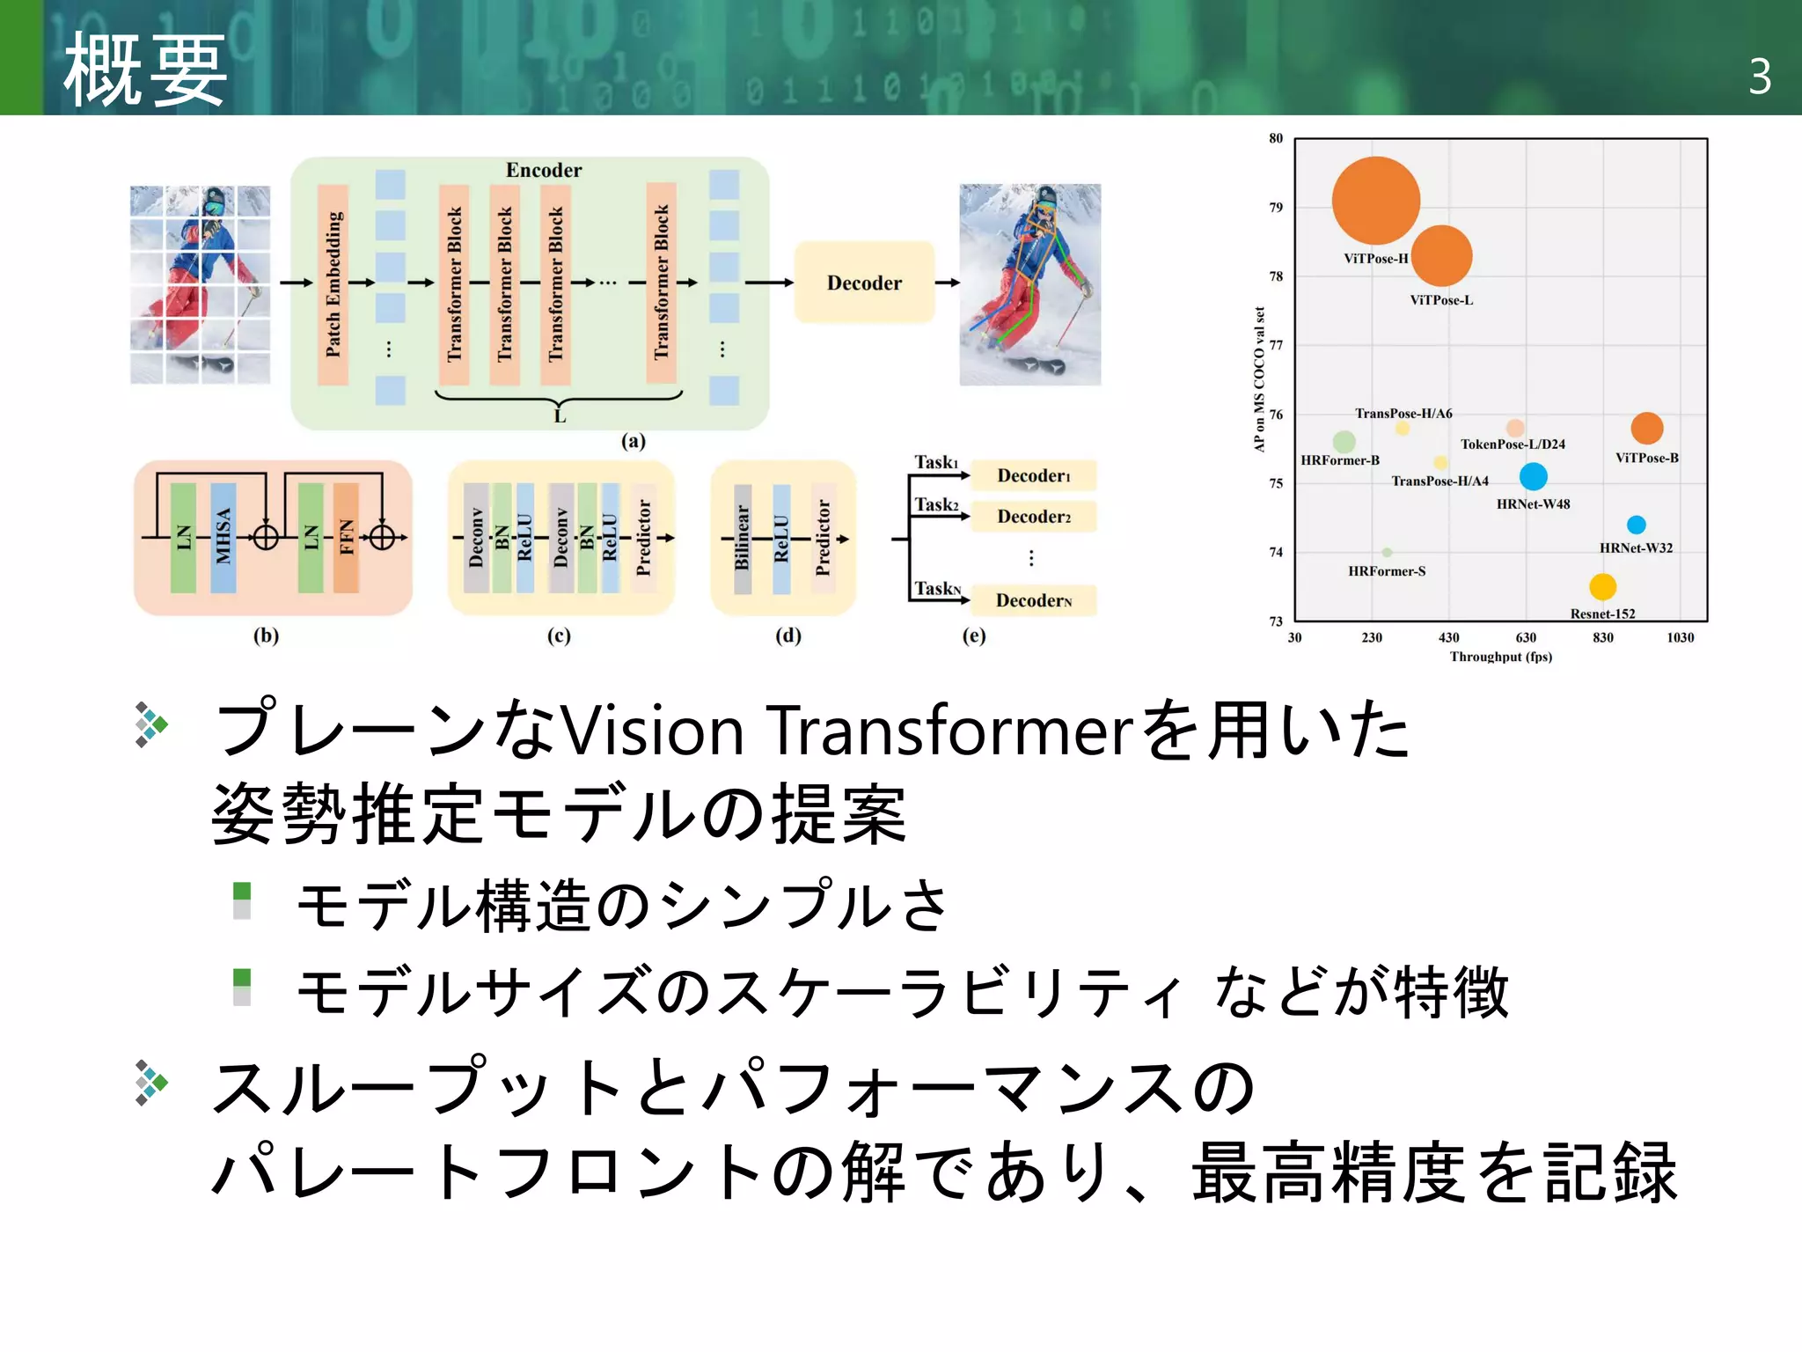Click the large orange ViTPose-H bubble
pyautogui.click(x=1375, y=201)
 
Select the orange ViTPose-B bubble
pyautogui.click(x=1646, y=429)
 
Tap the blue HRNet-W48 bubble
pyautogui.click(x=1533, y=476)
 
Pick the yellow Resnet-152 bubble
pyautogui.click(x=1602, y=586)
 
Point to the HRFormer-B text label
pyautogui.click(x=1339, y=460)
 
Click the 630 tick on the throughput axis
pyautogui.click(x=1526, y=637)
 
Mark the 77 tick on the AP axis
pyautogui.click(x=1276, y=345)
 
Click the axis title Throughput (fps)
pyautogui.click(x=1500, y=657)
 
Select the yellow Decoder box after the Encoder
pyautogui.click(x=863, y=283)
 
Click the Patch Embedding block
pyautogui.click(x=333, y=283)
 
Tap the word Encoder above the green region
pyautogui.click(x=543, y=170)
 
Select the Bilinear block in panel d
pyautogui.click(x=742, y=538)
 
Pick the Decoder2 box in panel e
pyautogui.click(x=1033, y=517)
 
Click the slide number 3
pyautogui.click(x=1759, y=77)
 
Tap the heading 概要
pyautogui.click(x=145, y=70)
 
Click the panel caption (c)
pyautogui.click(x=559, y=636)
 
